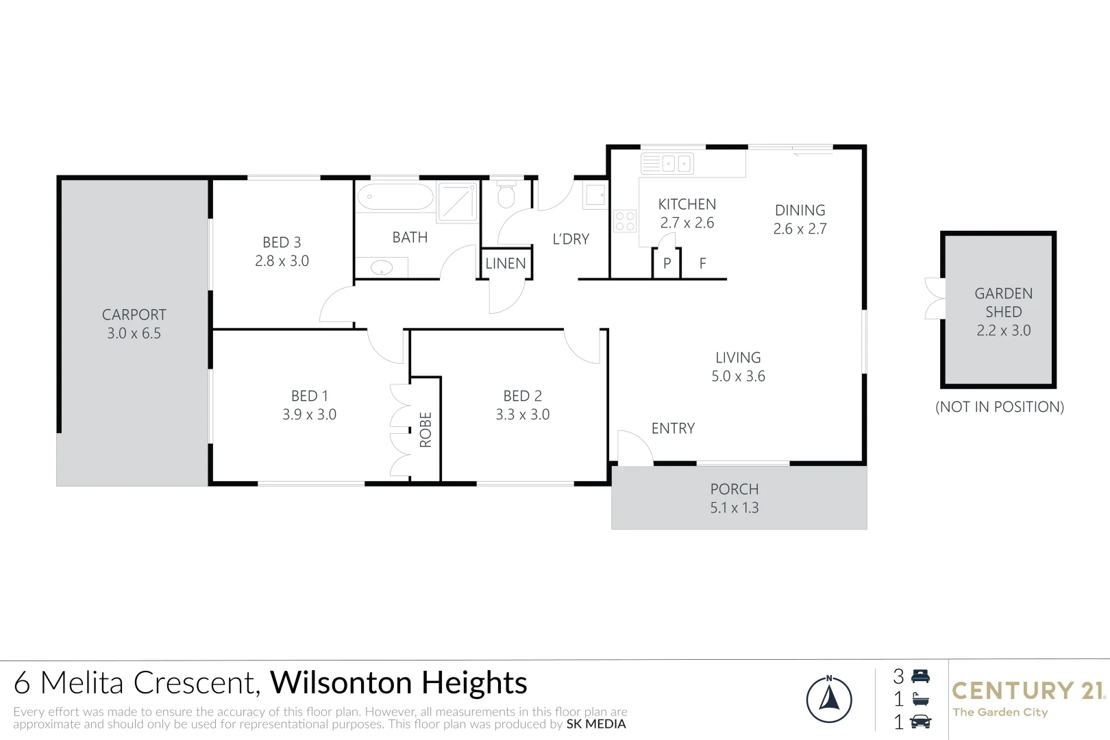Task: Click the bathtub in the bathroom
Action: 395,197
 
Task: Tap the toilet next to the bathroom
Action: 506,195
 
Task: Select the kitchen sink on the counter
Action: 667,164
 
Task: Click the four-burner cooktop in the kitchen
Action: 625,221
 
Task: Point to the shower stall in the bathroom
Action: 457,201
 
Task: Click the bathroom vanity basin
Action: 381,267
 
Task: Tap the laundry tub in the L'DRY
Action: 595,195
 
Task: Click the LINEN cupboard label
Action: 506,263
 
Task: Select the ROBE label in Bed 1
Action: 425,430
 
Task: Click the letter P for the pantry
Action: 667,264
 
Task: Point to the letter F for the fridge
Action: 702,264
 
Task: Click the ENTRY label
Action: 673,429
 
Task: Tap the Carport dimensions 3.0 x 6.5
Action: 134,334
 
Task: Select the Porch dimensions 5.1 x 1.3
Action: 735,508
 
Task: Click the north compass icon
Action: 829,700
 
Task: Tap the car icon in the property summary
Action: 920,721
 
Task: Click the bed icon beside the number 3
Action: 920,676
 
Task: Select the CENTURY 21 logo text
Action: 1028,691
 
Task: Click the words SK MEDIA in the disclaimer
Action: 596,724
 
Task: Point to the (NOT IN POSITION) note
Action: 1000,407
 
